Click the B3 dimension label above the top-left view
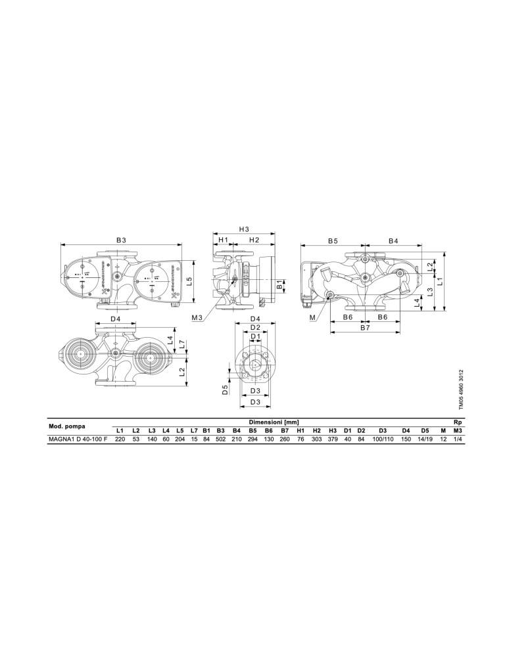click(x=121, y=240)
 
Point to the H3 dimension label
click(x=244, y=229)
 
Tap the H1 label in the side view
click(x=223, y=240)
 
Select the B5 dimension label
click(x=333, y=240)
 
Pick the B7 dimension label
click(x=365, y=328)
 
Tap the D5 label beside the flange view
click(x=225, y=390)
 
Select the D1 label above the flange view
click(x=255, y=336)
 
